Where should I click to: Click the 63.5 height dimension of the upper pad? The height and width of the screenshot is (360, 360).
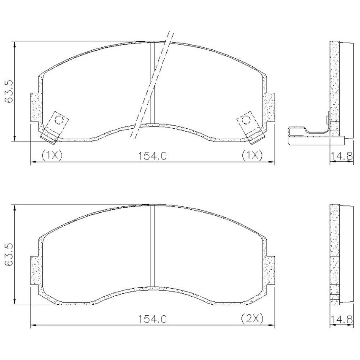10,92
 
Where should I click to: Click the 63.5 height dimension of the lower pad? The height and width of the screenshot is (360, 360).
10,254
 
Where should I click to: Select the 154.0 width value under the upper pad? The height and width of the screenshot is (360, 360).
152,156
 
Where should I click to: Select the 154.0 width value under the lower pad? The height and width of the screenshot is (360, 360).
152,319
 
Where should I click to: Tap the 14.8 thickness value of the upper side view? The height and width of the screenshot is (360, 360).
341,156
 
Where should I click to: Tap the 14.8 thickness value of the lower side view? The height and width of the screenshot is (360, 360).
341,319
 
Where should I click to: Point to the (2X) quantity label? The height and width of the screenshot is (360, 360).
252,319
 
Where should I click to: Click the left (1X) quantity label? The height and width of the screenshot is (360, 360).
52,155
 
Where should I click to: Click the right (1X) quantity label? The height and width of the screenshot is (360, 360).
252,155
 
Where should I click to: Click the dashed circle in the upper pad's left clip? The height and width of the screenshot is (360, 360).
59,119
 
